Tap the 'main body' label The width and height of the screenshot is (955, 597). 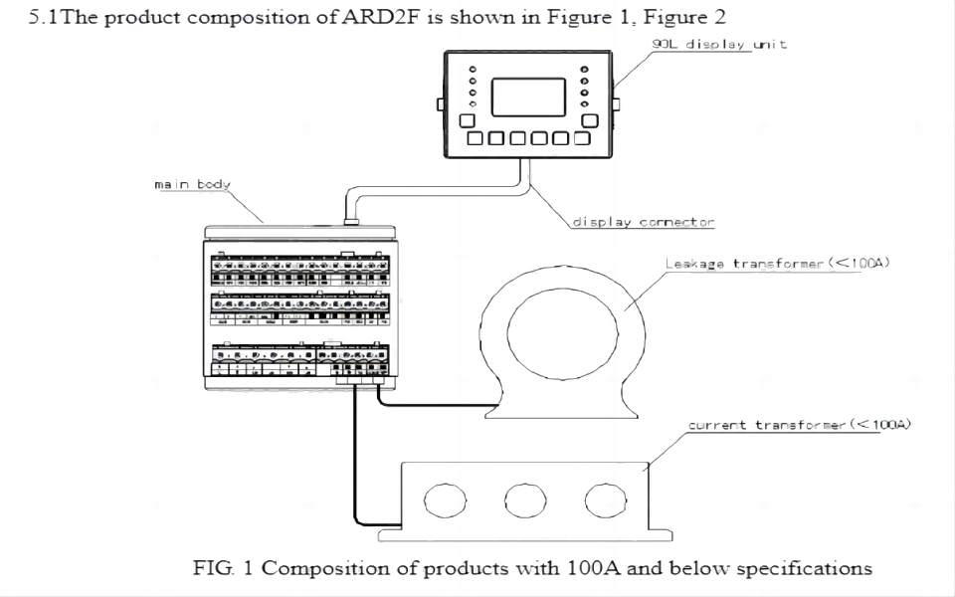click(x=193, y=184)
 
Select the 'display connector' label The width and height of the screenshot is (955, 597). click(x=642, y=222)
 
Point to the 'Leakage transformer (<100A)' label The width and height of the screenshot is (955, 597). click(x=776, y=264)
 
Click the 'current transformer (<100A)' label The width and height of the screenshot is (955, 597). click(x=800, y=426)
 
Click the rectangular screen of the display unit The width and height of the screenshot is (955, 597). click(x=528, y=96)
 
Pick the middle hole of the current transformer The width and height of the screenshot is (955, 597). click(x=523, y=500)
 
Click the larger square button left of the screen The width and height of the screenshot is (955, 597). click(x=467, y=120)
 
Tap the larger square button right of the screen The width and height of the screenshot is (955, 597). click(x=589, y=120)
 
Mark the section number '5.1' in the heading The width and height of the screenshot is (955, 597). click(x=44, y=19)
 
